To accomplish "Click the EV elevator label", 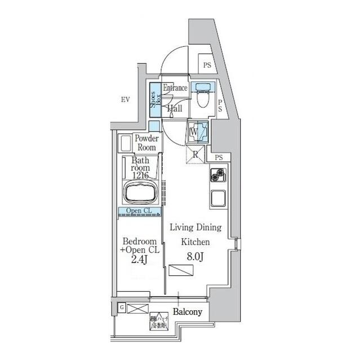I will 125,100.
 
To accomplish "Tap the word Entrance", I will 175,89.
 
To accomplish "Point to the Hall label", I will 174,108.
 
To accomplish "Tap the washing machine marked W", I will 197,133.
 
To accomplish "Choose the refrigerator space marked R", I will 195,153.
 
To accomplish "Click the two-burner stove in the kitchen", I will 218,176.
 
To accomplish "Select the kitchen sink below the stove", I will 218,199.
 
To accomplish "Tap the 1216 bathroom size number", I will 140,175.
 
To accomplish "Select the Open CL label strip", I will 138,212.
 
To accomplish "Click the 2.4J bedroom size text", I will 139,260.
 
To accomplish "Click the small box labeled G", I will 121,307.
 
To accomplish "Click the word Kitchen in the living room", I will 195,241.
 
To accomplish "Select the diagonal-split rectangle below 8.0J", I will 180,270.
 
